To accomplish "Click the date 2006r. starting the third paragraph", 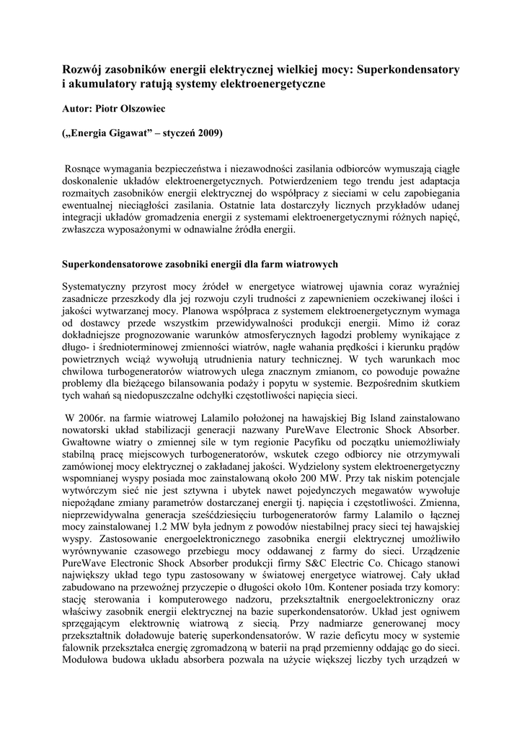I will (x=81, y=419).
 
